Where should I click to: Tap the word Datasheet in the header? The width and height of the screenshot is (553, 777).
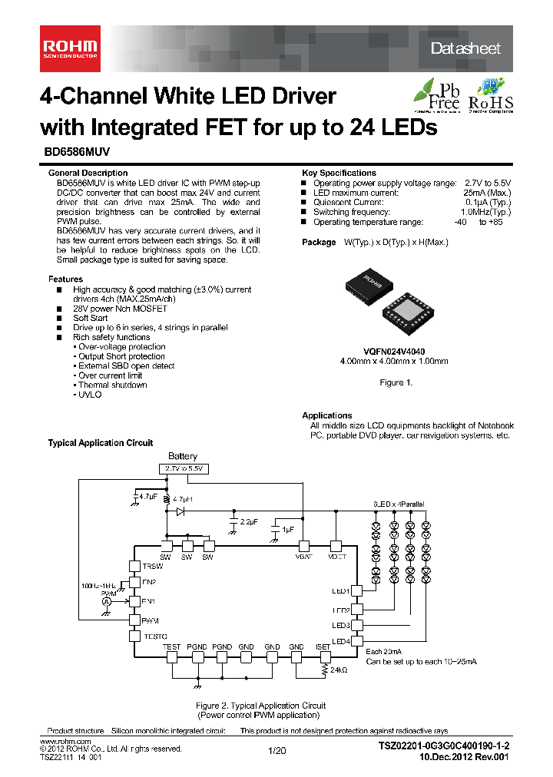[465, 48]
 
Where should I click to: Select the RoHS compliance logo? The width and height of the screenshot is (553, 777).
[491, 95]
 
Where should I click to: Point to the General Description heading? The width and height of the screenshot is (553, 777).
[88, 173]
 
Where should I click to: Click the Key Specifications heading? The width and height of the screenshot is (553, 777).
[339, 173]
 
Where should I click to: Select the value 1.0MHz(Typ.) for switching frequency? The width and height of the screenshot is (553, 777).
[485, 212]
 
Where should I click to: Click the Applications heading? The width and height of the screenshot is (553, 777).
[327, 415]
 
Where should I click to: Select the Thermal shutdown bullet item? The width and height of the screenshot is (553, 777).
[112, 385]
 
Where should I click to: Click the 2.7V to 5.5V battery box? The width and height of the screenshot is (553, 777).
[184, 468]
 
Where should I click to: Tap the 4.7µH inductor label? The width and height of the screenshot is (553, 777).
[182, 499]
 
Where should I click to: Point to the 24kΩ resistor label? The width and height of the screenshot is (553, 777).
[338, 670]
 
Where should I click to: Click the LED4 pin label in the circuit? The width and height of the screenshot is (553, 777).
[341, 641]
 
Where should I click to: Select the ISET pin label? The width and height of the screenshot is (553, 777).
[323, 647]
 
